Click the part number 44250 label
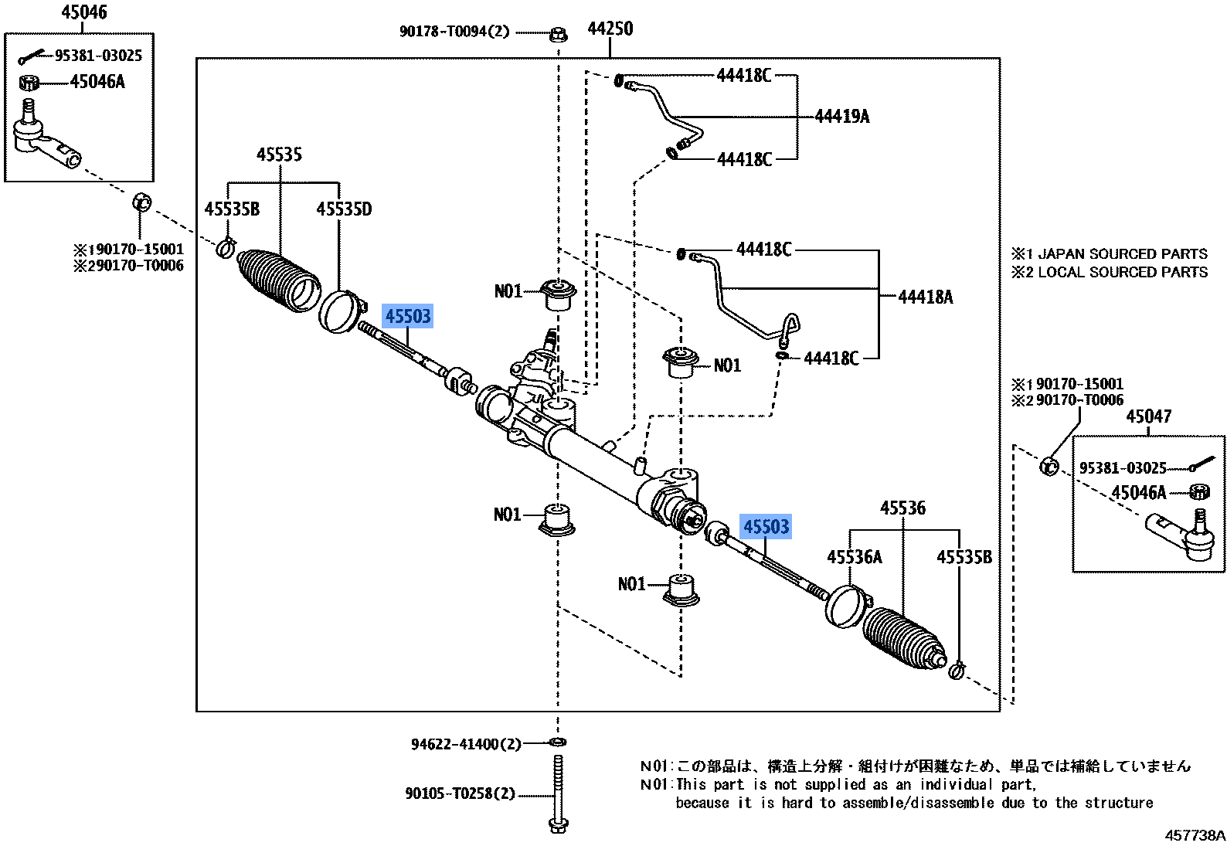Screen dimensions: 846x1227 tap(610, 29)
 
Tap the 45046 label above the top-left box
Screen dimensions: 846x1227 tap(84, 12)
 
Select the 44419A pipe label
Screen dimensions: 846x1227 tap(841, 117)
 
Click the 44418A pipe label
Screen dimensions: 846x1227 tap(925, 297)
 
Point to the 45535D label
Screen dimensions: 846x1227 tap(344, 209)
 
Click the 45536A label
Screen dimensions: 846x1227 tap(854, 557)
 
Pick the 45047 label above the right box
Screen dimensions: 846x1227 tap(1148, 416)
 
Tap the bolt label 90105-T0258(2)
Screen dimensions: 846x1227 tap(460, 793)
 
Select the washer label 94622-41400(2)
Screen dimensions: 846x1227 tap(465, 744)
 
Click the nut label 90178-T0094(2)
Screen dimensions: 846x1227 tap(454, 32)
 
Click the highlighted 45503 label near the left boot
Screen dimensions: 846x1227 tap(407, 316)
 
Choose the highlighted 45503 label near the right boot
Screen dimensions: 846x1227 tap(766, 527)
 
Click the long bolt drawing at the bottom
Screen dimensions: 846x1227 tap(558, 792)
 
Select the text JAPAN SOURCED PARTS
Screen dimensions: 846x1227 tap(1122, 254)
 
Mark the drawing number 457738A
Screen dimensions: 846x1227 tap(1195, 835)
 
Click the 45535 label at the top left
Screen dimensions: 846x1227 tap(279, 155)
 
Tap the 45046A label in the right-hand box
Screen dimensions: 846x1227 tap(1138, 493)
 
